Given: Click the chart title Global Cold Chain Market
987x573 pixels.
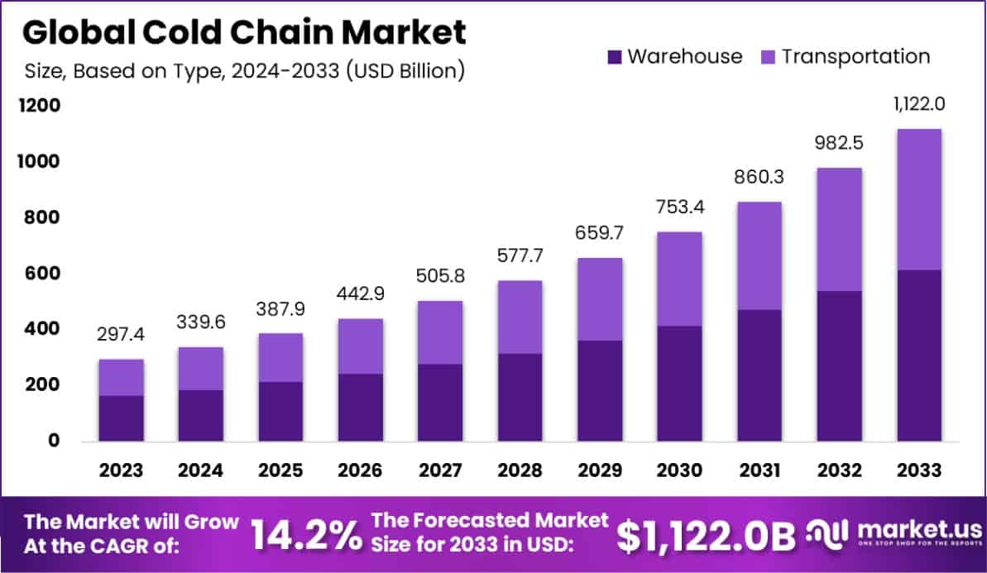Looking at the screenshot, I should tap(244, 32).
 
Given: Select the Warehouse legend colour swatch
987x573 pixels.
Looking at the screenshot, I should tap(614, 57).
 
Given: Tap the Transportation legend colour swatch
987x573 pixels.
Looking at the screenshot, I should tap(769, 57).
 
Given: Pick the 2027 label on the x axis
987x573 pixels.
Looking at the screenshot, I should tap(439, 470).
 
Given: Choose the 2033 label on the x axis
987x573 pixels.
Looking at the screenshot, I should tap(919, 470).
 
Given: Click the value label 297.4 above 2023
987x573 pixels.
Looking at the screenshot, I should tap(121, 337).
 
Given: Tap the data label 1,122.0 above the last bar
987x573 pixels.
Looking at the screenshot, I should tap(918, 105).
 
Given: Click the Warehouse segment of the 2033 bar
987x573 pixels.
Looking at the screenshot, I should tap(918, 356).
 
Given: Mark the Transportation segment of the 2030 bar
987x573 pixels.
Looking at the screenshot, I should tap(679, 279).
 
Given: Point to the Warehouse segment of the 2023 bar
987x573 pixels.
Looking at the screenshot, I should tap(121, 418).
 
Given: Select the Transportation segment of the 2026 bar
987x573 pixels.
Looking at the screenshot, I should tap(360, 346).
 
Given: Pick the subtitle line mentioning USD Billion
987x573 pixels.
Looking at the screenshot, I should tap(244, 70).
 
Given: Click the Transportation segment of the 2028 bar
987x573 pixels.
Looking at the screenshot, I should tap(520, 318).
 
